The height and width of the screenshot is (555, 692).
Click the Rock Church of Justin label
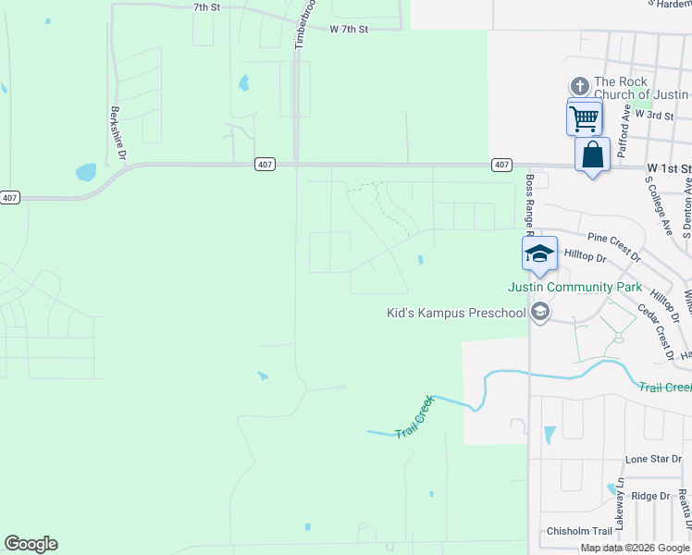click(641, 88)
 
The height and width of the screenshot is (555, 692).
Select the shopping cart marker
click(584, 118)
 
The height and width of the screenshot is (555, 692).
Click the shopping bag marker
click(592, 154)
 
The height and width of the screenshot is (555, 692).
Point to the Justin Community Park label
click(575, 288)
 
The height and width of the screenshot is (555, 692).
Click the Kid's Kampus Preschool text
click(455, 313)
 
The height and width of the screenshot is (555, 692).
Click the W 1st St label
click(667, 169)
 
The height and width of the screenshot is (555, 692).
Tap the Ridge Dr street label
click(651, 496)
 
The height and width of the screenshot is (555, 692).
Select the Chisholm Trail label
click(579, 531)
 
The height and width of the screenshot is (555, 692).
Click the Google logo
click(31, 544)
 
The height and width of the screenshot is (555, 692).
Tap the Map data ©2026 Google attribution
click(636, 548)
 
